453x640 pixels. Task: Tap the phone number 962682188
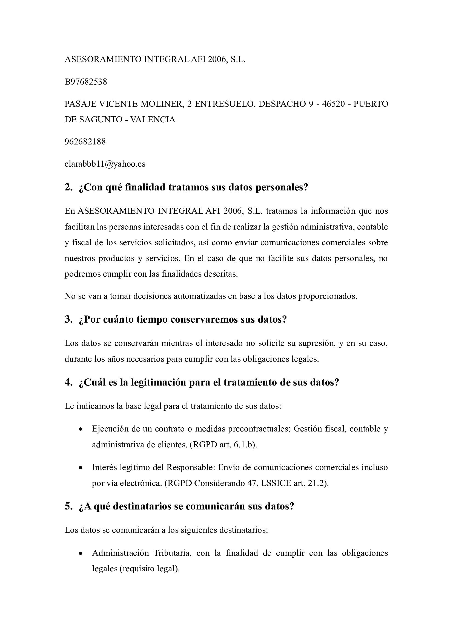[85, 142]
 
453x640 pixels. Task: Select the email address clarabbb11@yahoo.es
[105, 164]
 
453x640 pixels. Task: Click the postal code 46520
[333, 104]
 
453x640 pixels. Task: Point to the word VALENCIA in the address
[153, 120]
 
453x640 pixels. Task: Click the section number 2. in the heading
[69, 187]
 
